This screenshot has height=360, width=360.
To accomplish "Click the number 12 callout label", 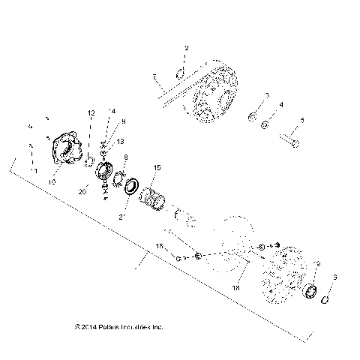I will pos(91,112).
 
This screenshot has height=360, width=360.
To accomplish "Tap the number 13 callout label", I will pos(121,141).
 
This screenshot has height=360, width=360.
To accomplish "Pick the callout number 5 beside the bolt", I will pos(302,119).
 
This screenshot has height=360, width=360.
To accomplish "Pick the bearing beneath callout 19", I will pos(312,289).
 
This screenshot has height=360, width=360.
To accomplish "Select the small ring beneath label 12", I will pos(89,159).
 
